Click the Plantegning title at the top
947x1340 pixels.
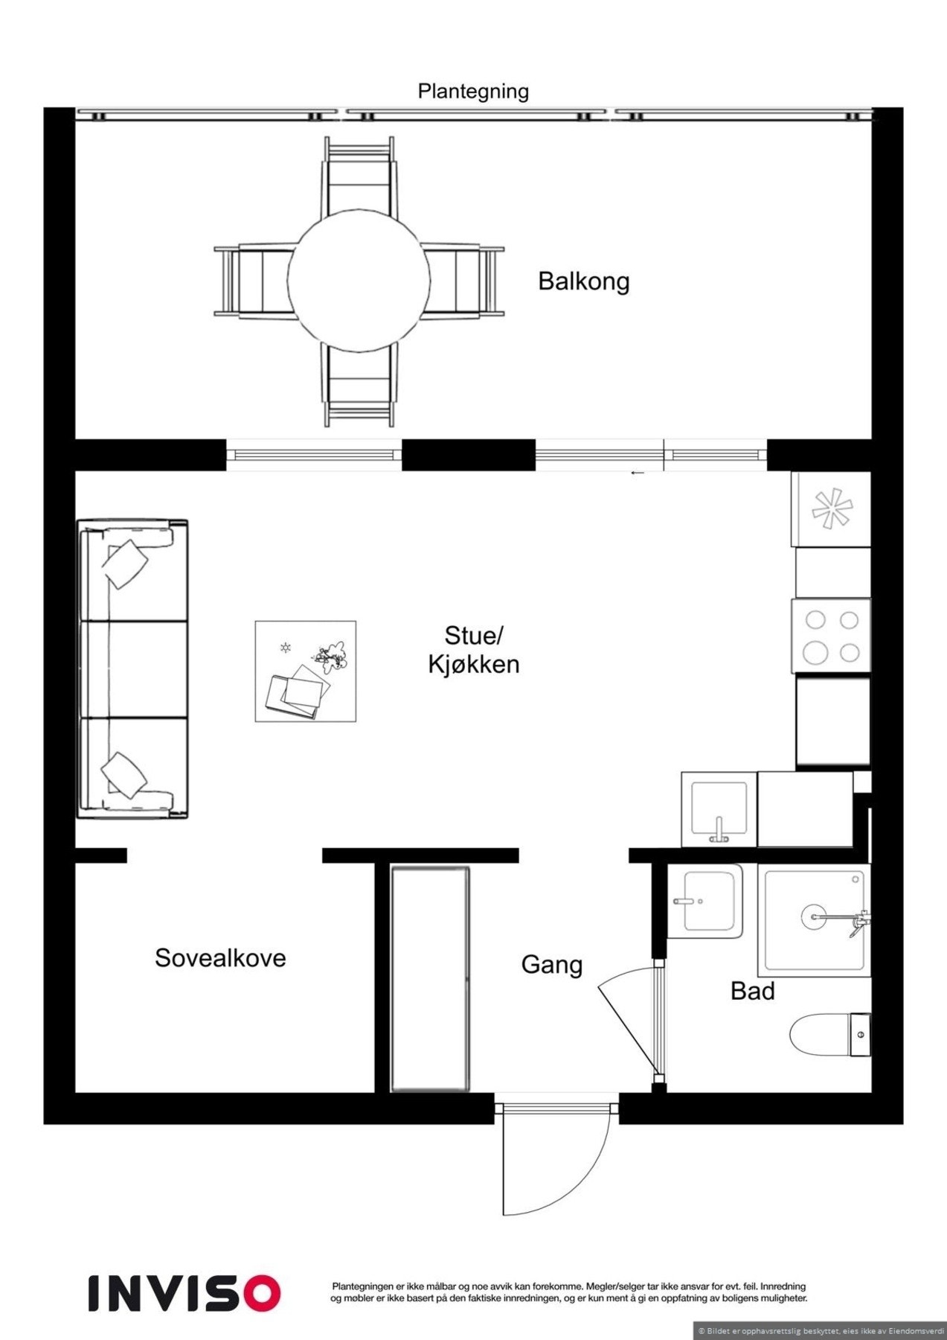tap(473, 92)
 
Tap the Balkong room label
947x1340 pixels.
tap(584, 281)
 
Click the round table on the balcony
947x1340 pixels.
tap(359, 281)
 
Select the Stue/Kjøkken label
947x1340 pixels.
tap(474, 650)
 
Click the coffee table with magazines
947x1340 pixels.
tap(305, 671)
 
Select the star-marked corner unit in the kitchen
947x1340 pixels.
tap(832, 509)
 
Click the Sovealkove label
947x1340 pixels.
tap(220, 957)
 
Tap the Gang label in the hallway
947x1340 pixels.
tap(551, 965)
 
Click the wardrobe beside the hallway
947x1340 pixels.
tap(431, 978)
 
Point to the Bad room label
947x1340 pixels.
tap(752, 991)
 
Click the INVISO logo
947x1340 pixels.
tap(184, 1293)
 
